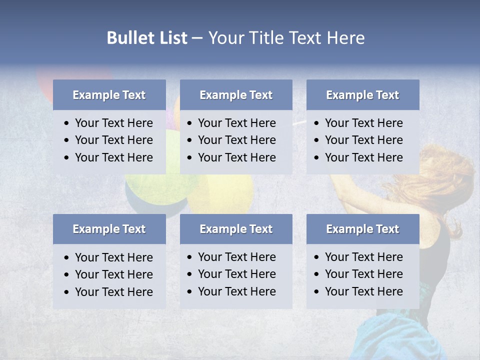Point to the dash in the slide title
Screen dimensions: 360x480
[x=197, y=38]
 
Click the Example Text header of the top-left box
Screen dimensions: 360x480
[x=109, y=95]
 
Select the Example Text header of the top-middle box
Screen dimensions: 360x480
[x=236, y=95]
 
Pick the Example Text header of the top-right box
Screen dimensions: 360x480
[x=362, y=95]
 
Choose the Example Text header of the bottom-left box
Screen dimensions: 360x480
[x=109, y=229]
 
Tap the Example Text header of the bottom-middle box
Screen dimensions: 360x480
[x=236, y=229]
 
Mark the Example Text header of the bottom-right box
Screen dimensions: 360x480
[x=362, y=229]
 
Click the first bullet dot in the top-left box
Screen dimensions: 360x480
[x=67, y=123]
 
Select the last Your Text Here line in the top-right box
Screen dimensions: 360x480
[x=363, y=157]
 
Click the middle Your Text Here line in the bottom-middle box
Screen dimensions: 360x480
[x=236, y=274]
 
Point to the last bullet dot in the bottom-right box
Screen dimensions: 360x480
[x=317, y=292]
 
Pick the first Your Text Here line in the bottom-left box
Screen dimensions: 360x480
[x=113, y=257]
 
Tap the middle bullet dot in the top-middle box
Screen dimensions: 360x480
[x=190, y=140]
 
